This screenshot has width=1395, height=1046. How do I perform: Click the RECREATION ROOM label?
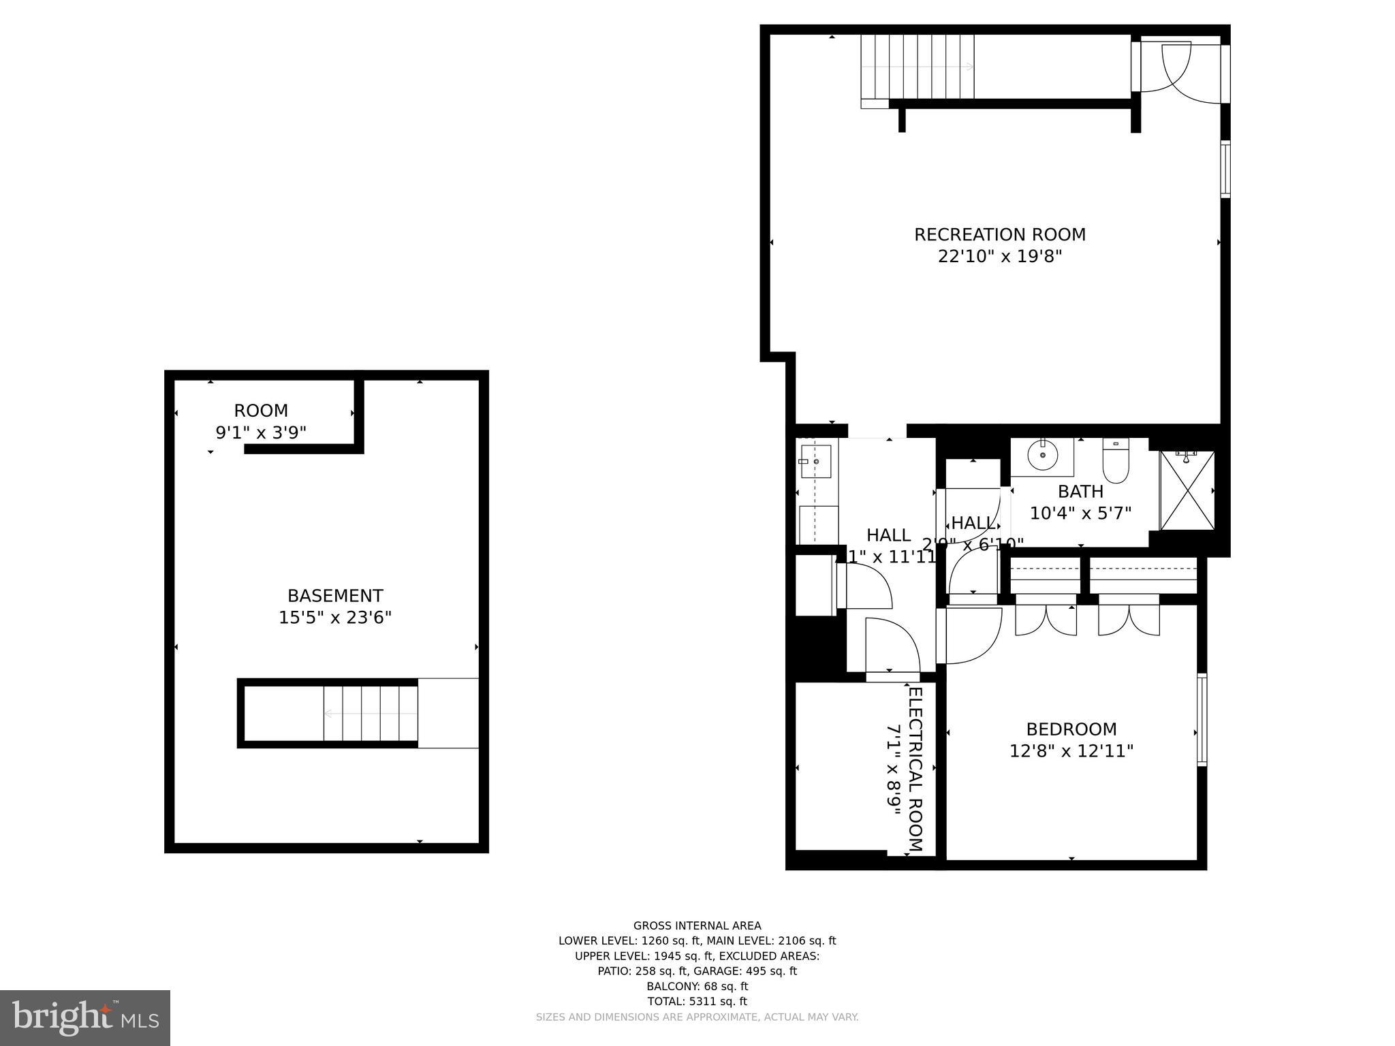[999, 234]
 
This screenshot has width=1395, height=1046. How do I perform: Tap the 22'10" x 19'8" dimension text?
[999, 257]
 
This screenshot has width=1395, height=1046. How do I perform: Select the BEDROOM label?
[1071, 729]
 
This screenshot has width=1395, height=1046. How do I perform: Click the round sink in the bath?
[1041, 455]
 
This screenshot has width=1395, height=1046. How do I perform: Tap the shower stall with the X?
[1187, 490]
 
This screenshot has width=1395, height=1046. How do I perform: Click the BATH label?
[1080, 491]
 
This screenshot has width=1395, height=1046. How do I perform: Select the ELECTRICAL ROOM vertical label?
[915, 770]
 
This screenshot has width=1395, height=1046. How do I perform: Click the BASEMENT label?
[335, 596]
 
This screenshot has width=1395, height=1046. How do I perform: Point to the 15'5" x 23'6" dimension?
[335, 618]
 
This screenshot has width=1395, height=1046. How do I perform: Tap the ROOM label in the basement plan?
[261, 411]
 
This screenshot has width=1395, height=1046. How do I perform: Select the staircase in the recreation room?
[917, 67]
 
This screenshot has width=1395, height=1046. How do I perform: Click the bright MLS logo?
[85, 1018]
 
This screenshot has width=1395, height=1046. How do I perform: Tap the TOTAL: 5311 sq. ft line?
[697, 1001]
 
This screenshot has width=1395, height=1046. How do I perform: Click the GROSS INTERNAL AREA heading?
[697, 925]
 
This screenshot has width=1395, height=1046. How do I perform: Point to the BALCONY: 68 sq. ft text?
[697, 986]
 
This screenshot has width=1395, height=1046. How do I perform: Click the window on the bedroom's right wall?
[1202, 719]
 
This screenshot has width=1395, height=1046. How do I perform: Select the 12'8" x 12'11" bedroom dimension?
[1071, 751]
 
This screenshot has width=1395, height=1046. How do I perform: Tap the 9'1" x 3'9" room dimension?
[261, 432]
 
